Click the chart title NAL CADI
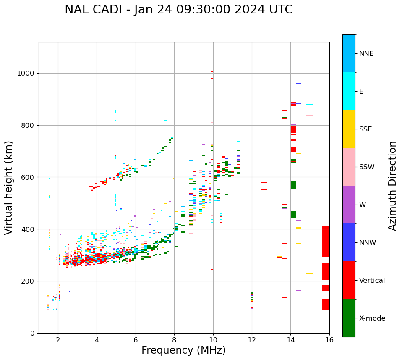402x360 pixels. coord(178,10)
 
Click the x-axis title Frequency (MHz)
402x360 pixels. coord(183,350)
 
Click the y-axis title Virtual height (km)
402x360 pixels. coord(9,188)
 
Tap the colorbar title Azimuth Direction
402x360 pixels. coord(392,186)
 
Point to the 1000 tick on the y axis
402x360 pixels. coord(26,74)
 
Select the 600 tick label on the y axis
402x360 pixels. coord(28,177)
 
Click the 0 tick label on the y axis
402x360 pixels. coord(32,333)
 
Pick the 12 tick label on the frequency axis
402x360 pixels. coord(252,340)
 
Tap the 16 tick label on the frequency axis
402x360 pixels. coord(329,340)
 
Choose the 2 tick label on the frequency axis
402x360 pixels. coord(58,340)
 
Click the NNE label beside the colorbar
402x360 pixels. coord(366,54)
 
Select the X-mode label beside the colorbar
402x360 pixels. coord(372,318)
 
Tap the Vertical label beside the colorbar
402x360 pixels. coord(372,281)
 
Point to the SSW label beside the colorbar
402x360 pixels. coord(367,167)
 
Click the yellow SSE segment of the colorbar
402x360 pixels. coord(349,129)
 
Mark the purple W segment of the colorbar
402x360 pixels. coord(349,205)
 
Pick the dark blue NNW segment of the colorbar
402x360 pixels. coord(349,242)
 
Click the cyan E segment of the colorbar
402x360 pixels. coord(349,91)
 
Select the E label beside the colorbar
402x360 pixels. coord(361,92)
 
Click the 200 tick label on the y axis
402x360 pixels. coord(28,281)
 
